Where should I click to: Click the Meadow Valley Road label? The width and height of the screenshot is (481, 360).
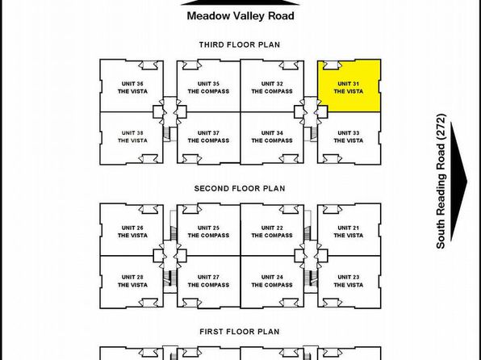pos(240,16)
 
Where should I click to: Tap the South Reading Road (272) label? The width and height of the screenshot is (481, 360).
pos(441,181)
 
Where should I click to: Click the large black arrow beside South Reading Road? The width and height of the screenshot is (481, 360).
pos(458,182)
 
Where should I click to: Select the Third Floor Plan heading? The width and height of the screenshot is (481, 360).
pos(240,45)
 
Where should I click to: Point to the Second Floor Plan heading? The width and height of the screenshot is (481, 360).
pos(240,188)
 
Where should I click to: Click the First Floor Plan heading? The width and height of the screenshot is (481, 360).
pos(240,332)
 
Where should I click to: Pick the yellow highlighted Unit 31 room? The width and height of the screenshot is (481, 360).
pos(349,86)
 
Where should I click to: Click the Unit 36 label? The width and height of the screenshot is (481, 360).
pos(132,84)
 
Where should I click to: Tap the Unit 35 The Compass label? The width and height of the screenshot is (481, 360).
pos(208,87)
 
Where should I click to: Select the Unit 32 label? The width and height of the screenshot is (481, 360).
pos(272,84)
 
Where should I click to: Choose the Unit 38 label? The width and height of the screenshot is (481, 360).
pos(132,133)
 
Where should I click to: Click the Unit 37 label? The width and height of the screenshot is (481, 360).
pos(208,133)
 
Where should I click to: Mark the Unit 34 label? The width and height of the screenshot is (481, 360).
pos(272,133)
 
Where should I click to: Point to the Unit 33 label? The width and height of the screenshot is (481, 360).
pos(349,133)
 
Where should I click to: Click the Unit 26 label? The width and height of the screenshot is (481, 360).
pos(132,228)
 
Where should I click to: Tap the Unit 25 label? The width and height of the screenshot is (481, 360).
pos(208,228)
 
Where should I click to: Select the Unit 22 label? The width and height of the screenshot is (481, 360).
pos(272,228)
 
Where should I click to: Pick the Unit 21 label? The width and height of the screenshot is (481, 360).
pos(349,228)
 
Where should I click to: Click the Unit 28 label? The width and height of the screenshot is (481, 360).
pos(132,277)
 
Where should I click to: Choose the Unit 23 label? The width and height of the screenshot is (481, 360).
pos(349,277)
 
